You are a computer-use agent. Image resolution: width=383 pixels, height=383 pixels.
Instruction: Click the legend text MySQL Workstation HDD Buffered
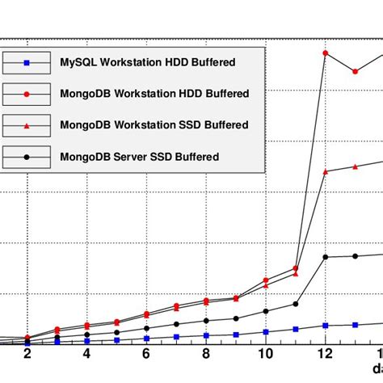(x=148, y=62)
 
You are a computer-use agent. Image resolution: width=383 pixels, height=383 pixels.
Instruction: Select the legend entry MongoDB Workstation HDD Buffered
(x=154, y=94)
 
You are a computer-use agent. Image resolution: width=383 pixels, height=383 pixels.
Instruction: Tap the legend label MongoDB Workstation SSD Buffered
(x=154, y=125)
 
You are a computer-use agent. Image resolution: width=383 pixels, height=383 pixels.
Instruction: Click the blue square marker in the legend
(x=27, y=62)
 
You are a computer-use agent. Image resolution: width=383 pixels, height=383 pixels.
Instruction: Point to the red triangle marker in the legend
(x=27, y=125)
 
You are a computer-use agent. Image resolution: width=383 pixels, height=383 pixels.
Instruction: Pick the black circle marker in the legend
(x=27, y=156)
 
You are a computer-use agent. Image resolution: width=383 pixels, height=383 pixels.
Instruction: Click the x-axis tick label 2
(x=27, y=356)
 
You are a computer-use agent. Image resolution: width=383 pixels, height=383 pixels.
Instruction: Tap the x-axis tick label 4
(x=86, y=356)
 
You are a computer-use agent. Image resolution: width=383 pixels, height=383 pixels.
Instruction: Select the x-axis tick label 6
(x=146, y=356)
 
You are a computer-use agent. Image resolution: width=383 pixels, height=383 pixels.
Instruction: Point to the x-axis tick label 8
(x=206, y=356)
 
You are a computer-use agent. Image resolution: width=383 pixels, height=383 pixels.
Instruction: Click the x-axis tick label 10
(x=266, y=356)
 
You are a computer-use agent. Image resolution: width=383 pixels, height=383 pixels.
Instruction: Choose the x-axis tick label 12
(x=325, y=356)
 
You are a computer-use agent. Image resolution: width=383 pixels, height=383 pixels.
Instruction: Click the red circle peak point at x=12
(x=326, y=53)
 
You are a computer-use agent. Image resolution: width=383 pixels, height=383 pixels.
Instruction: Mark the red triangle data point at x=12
(x=326, y=171)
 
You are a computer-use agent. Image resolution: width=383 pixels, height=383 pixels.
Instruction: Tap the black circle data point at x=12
(x=326, y=257)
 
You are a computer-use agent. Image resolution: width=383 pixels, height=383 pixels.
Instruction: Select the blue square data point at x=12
(x=326, y=326)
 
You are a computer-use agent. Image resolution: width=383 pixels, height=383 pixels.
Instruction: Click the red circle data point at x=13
(x=356, y=72)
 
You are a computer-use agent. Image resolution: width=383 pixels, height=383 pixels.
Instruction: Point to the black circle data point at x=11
(x=296, y=304)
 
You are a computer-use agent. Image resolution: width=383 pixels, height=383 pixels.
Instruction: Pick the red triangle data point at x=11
(x=296, y=273)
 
